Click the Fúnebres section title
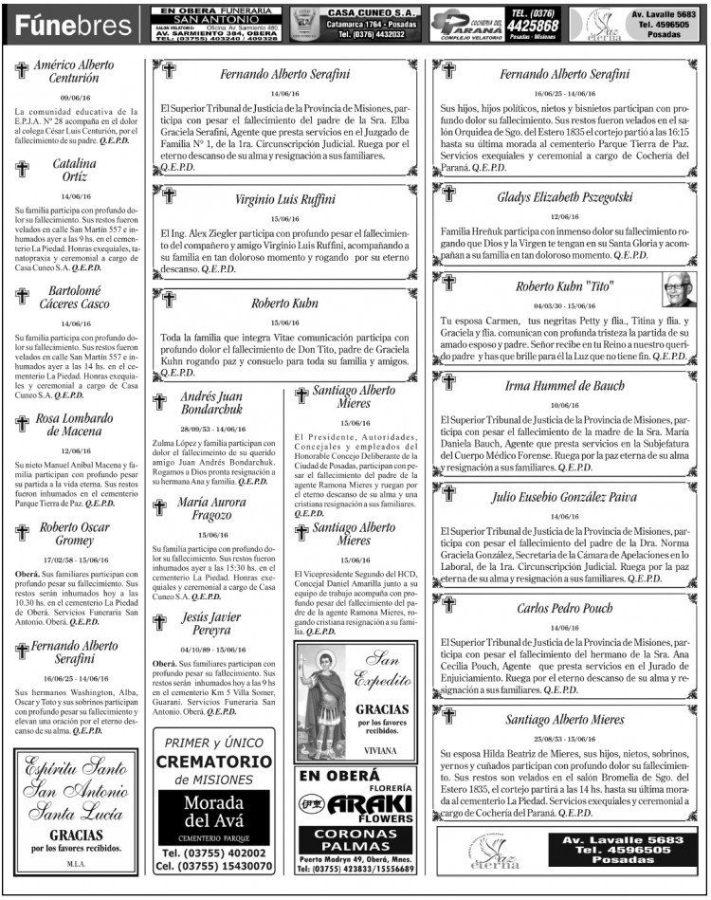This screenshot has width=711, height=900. coord(71,25)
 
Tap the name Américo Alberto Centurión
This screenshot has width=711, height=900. coord(74,71)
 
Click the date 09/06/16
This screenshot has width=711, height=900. coord(74,97)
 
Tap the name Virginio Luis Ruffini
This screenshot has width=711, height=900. coord(285,200)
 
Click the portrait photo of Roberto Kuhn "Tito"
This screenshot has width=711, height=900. coord(678,288)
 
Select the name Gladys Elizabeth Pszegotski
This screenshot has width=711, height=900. coord(564,197)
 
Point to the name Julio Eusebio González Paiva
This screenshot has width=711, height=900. coord(564,496)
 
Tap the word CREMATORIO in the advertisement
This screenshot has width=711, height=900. coord(213,762)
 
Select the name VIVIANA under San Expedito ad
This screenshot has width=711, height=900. coord(382,749)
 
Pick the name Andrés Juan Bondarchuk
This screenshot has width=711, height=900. coord(211,403)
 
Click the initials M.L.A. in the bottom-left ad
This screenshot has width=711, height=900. coord(76,864)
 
